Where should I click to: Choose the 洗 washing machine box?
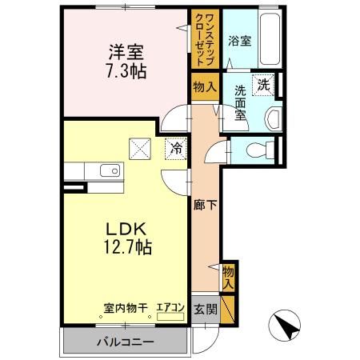click(x=262, y=82)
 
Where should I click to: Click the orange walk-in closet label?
click(x=206, y=40)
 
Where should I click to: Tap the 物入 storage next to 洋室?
click(x=203, y=86)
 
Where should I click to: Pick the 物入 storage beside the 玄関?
click(x=229, y=277)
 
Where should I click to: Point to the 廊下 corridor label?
click(x=206, y=205)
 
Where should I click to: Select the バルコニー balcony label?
click(x=126, y=342)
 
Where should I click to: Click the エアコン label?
click(x=170, y=306)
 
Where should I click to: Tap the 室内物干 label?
click(x=126, y=306)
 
